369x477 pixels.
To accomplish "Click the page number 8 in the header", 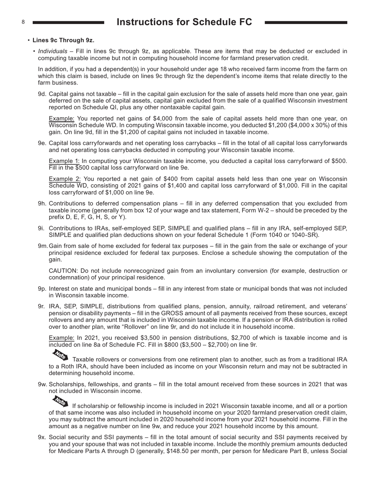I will click(23, 22).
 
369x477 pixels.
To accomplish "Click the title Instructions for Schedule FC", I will click(184, 22).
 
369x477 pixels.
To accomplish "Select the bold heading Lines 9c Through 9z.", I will click(63, 40).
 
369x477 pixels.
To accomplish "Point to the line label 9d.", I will click(42, 94).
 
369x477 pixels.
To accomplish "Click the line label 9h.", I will click(42, 203).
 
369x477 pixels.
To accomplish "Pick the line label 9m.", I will click(43, 246).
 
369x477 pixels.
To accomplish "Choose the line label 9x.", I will click(42, 437).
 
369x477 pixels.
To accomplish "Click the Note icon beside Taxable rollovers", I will click(60, 355).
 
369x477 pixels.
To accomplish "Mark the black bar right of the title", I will click(306, 23).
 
